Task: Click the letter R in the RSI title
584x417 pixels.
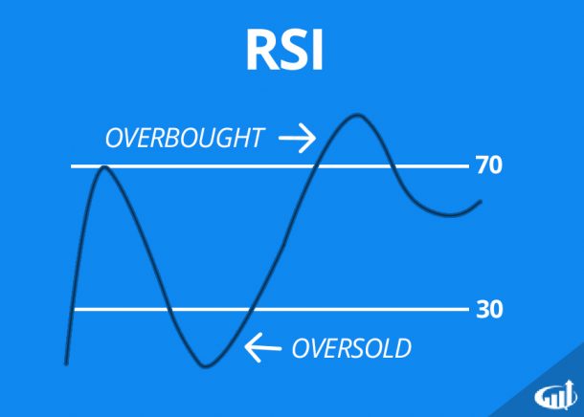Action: click(261, 54)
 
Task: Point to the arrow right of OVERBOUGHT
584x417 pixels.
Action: click(296, 140)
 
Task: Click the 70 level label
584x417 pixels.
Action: click(488, 166)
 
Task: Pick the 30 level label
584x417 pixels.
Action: click(488, 309)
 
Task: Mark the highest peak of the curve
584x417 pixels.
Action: click(357, 116)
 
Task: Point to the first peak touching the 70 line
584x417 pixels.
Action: click(102, 168)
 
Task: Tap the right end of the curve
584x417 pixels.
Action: click(481, 202)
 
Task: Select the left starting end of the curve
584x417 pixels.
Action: click(66, 362)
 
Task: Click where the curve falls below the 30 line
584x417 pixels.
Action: click(168, 309)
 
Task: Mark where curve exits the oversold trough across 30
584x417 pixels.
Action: click(250, 309)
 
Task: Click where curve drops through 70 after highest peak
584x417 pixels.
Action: click(393, 166)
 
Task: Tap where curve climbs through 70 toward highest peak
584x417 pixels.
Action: click(316, 166)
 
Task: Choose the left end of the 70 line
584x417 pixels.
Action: click(74, 166)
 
